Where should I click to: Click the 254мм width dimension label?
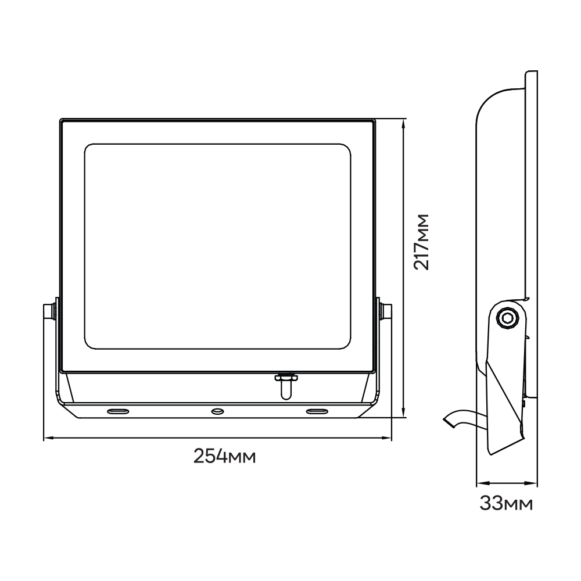224,456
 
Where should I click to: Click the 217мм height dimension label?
421,242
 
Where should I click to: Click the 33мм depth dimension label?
506,504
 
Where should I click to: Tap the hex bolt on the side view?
506,318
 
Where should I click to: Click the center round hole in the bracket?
217,411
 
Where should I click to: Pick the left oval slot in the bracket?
118,411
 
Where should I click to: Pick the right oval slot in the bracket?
317,411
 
